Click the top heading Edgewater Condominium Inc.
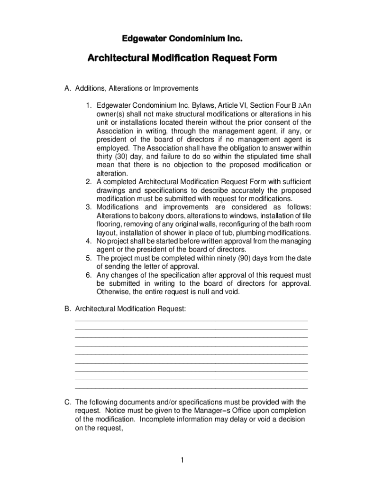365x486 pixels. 182,37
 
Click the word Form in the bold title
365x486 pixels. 260,58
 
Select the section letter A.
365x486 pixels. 68,88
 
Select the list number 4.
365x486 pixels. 89,241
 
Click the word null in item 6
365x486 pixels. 203,292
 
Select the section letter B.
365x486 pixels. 68,309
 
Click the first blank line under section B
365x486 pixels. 192,321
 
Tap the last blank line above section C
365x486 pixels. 192,388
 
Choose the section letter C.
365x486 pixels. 68,402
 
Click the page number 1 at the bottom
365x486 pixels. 182,460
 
